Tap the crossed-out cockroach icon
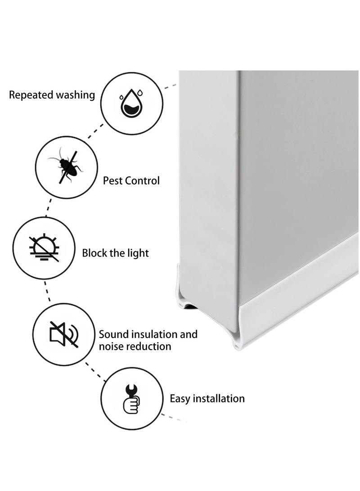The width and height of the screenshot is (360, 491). coord(65,167)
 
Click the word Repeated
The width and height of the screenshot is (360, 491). coord(31,95)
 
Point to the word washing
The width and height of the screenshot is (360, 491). coord(75,95)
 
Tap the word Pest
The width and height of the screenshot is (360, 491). coord(112,181)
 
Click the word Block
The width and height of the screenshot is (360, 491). coord(95,253)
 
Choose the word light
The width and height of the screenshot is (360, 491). coord(138,253)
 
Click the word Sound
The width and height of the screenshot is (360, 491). coord(113,334)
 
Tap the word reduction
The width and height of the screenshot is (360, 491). coord(149,347)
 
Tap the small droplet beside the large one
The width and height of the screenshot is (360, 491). coord(140,93)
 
